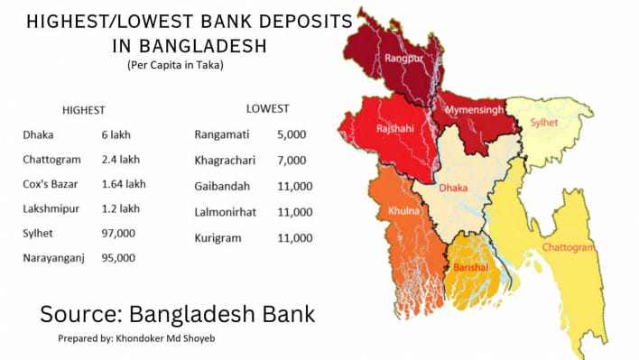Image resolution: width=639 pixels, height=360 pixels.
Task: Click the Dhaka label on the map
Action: pyautogui.click(x=453, y=189)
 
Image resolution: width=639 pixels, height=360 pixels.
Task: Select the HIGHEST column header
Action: pyautogui.click(x=83, y=110)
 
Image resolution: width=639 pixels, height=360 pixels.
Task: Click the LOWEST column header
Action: pyautogui.click(x=267, y=108)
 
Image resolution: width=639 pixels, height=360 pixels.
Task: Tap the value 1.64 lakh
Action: pyautogui.click(x=124, y=184)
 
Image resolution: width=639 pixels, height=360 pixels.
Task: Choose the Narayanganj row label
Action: pyautogui.click(x=55, y=257)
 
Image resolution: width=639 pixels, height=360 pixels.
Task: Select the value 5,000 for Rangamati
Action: pyautogui.click(x=292, y=134)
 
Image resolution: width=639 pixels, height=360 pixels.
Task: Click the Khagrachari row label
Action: pyautogui.click(x=225, y=160)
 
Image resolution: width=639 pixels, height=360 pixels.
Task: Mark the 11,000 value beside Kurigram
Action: pyautogui.click(x=295, y=238)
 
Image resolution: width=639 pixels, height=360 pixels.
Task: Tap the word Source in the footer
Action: pyautogui.click(x=79, y=314)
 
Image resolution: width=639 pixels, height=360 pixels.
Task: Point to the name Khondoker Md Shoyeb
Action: pyautogui.click(x=180, y=340)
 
